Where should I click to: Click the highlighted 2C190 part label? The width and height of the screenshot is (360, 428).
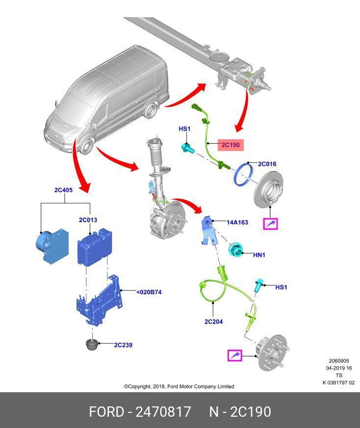coord(230,145)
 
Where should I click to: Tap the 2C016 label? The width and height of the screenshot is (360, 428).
coord(267,164)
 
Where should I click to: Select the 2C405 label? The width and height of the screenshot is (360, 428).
coord(63,190)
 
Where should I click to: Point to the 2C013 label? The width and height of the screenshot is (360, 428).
coord(88,220)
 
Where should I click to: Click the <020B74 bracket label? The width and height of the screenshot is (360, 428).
coord(149,292)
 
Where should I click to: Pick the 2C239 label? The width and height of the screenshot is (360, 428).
coord(123,345)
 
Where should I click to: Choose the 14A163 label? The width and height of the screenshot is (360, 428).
coord(237,222)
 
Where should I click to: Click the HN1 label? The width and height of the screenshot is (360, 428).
coord(259,255)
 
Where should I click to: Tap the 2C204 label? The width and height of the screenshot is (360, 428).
coord(213,322)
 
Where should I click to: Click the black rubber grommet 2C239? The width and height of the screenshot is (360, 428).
coord(92,344)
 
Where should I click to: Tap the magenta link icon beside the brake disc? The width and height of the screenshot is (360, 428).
coord(270,224)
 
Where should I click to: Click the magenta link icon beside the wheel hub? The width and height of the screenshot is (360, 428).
coord(235,355)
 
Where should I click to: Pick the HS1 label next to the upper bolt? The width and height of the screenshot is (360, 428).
coord(184,129)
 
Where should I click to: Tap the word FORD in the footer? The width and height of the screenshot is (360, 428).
coord(106,411)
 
